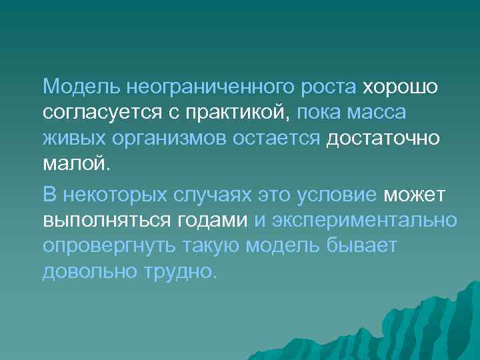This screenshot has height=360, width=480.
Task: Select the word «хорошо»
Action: point(399,87)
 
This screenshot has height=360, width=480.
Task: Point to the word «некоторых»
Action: point(117,195)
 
